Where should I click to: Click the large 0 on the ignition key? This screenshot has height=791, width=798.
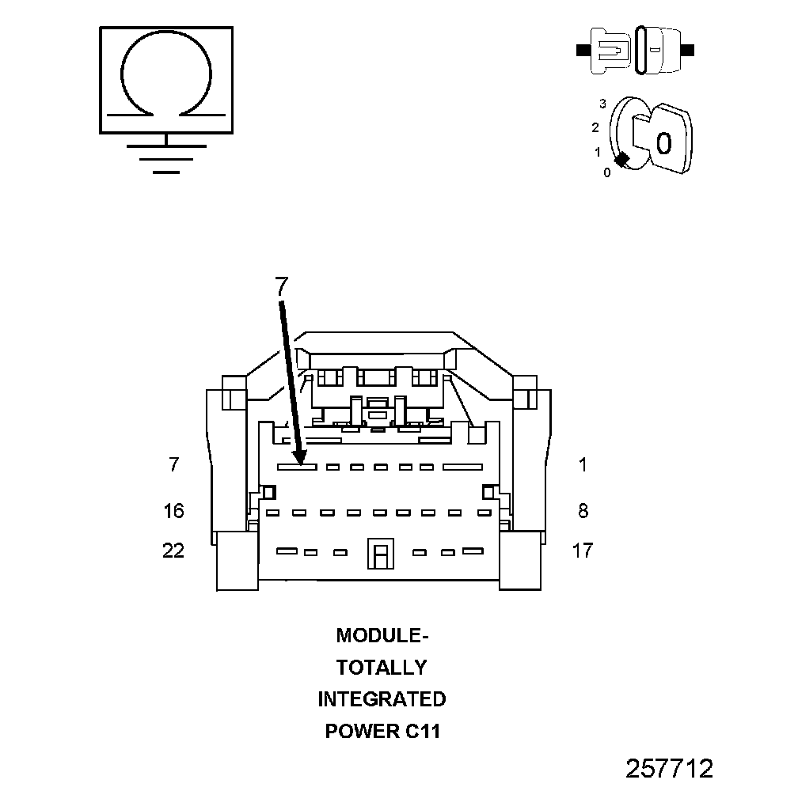(x=663, y=143)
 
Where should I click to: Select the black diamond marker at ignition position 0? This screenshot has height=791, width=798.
(x=622, y=159)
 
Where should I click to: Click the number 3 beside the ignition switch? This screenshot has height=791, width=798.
(x=602, y=104)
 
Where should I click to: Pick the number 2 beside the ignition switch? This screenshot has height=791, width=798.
(x=595, y=127)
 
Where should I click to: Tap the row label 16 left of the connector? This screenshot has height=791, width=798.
(x=173, y=511)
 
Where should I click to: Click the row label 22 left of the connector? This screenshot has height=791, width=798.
(x=173, y=551)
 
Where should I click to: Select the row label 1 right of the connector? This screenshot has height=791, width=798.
(x=583, y=465)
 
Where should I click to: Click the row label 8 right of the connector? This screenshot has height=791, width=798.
(x=583, y=511)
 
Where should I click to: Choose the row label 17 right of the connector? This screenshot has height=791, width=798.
(x=582, y=551)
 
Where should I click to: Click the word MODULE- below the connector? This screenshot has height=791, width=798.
(x=382, y=636)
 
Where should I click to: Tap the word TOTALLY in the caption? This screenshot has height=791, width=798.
(x=382, y=668)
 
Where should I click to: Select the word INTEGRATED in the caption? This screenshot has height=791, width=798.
(x=382, y=699)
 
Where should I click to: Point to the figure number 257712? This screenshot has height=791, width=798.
(x=670, y=768)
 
